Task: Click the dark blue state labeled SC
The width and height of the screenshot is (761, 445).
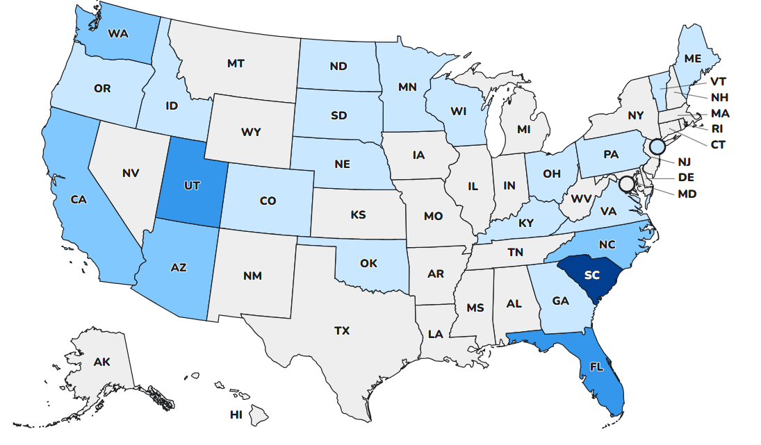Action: (591, 275)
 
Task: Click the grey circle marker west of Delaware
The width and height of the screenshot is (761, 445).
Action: (626, 183)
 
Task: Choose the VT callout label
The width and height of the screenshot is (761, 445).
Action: (718, 81)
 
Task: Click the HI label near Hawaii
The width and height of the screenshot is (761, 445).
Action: (236, 415)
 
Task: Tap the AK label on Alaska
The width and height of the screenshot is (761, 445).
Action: (101, 362)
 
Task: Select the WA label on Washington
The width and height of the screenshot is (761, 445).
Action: (117, 33)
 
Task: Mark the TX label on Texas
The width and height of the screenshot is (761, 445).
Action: (341, 331)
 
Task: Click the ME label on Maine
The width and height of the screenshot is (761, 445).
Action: (692, 59)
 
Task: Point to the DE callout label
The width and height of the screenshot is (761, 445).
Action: (686, 178)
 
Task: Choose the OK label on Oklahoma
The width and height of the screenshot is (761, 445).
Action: (368, 263)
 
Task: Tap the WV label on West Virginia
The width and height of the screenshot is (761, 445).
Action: (581, 199)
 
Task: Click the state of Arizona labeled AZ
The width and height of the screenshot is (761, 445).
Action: (179, 267)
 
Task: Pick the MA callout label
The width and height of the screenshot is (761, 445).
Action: (719, 113)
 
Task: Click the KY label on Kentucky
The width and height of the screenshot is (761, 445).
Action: (525, 224)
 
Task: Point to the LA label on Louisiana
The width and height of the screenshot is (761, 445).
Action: (435, 334)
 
